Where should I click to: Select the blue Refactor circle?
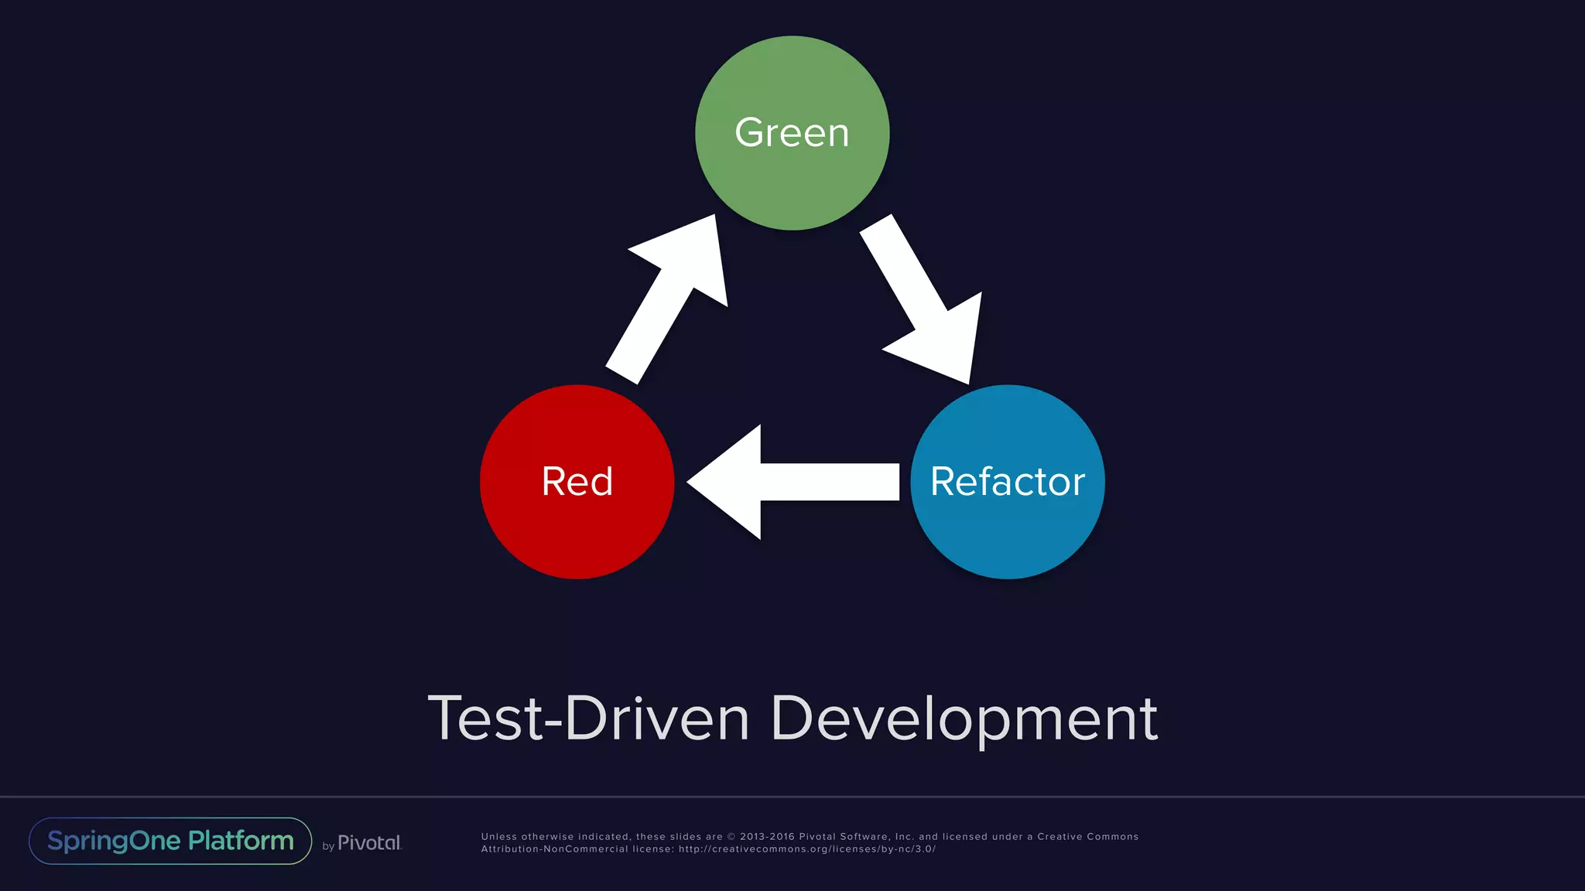[1007, 534]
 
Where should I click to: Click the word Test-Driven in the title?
[588, 719]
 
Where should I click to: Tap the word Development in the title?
[964, 719]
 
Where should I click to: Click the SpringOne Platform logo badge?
[170, 841]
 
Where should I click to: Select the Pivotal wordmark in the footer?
[369, 843]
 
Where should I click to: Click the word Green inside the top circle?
[792, 132]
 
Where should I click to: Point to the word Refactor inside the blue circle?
[1007, 482]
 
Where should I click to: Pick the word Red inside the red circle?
[577, 482]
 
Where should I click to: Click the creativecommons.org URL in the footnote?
[807, 849]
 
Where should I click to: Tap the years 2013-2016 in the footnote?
[767, 837]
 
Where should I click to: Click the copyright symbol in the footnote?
[731, 837]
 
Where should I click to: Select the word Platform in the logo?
[241, 841]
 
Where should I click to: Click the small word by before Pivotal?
[328, 846]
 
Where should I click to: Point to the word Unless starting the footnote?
[498, 837]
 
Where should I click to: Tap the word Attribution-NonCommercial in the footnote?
[554, 849]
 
